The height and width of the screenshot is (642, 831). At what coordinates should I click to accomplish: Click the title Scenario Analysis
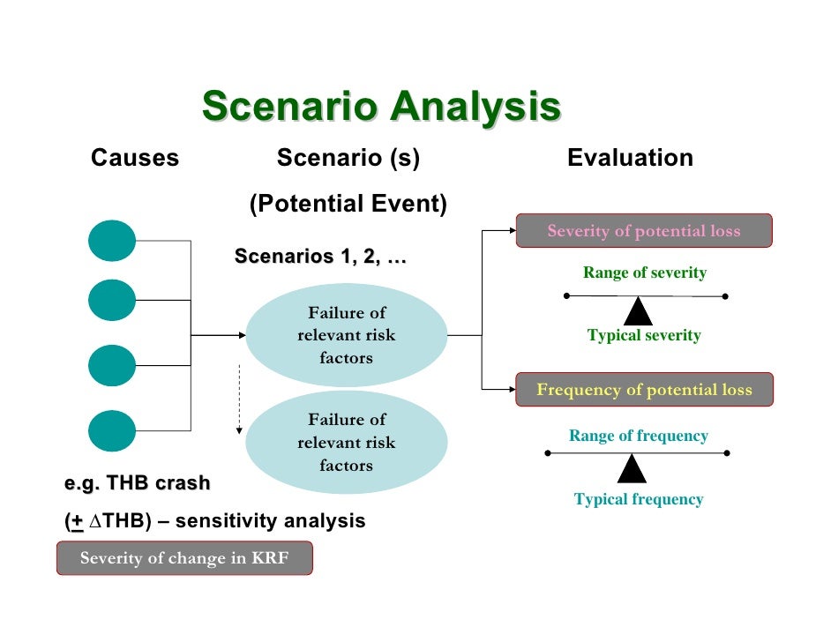381,107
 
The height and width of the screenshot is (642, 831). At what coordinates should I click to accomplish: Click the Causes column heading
135,159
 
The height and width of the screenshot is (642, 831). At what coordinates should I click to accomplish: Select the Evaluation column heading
630,159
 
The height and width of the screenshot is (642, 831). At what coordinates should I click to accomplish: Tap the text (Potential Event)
348,205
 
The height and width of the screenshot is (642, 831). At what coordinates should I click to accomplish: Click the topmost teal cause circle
112,241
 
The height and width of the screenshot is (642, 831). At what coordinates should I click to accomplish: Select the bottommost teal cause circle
112,431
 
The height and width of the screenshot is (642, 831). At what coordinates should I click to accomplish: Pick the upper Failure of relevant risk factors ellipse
347,335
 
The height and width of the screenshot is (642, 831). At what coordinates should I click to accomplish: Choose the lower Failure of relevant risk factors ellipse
347,443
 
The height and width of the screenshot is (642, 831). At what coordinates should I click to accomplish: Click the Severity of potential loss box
644,231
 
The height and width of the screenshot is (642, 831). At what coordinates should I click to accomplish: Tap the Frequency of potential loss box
644,390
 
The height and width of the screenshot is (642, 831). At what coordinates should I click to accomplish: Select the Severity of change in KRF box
184,558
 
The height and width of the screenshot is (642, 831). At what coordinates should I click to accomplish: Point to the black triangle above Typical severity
637,311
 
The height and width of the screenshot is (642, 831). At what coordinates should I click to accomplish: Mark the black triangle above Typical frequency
632,469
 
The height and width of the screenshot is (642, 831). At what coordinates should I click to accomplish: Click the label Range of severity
645,272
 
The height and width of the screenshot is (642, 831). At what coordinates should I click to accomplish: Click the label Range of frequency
639,436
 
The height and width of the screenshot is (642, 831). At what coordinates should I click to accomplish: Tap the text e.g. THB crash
138,483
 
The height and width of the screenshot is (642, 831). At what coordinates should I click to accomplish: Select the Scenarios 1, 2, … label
320,257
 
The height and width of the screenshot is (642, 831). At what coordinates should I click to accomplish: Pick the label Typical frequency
639,499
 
